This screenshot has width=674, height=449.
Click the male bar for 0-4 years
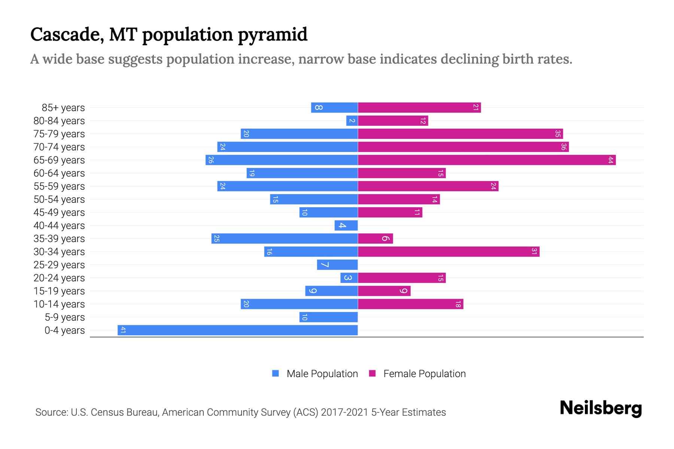(238, 330)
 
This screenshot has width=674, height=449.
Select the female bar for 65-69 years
(487, 160)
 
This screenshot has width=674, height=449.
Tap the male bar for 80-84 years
(352, 121)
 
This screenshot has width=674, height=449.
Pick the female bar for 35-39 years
(375, 239)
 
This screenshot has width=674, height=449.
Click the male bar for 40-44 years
(346, 226)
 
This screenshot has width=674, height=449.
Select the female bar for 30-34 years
(449, 252)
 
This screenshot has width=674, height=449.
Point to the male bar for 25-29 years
(337, 265)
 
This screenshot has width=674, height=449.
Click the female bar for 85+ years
(419, 108)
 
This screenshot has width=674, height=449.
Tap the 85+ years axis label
(63, 108)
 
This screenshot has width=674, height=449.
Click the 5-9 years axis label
(65, 317)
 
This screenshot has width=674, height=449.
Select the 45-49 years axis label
(59, 213)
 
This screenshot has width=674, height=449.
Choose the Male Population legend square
(276, 373)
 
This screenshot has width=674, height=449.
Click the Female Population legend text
(424, 374)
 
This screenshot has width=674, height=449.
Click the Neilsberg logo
(601, 408)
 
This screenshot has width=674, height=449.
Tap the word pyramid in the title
(273, 35)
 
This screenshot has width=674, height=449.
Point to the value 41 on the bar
(123, 330)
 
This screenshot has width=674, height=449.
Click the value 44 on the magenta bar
(610, 160)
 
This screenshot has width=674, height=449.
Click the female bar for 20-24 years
(402, 278)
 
